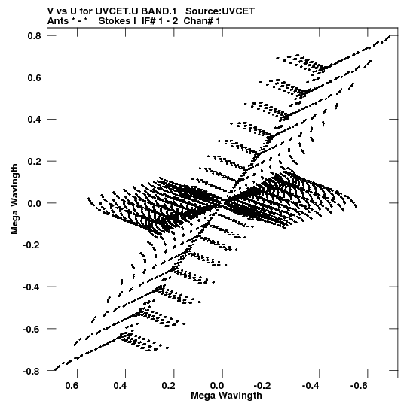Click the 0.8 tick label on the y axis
(35, 35)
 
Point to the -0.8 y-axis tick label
(32, 371)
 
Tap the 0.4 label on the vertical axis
(35, 120)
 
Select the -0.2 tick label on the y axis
(32, 245)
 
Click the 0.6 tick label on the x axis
(72, 386)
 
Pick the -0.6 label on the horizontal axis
(359, 386)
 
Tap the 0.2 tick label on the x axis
(169, 386)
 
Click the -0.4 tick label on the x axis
(311, 386)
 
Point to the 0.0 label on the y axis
(35, 203)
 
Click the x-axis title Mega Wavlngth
(226, 396)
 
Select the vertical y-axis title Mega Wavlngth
(14, 199)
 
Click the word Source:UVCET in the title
(220, 11)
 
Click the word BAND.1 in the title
(159, 11)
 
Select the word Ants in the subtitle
(58, 21)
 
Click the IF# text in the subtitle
(148, 21)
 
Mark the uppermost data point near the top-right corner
(390, 36)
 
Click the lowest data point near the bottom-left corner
(55, 370)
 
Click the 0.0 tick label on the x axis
(217, 386)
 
